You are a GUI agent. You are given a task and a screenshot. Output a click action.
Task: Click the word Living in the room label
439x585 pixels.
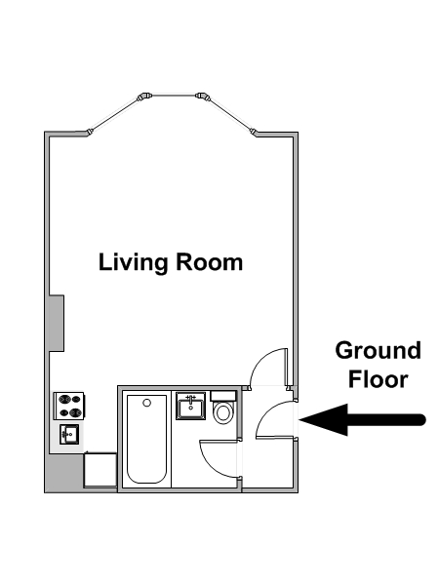[x=133, y=263]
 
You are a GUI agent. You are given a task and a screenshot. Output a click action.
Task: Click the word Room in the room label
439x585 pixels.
[x=209, y=262]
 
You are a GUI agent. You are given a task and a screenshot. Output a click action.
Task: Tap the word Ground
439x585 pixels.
[x=379, y=350]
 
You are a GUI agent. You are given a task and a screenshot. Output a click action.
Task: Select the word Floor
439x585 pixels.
[x=378, y=379]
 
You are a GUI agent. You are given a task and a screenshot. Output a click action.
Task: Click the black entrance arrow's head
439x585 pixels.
[x=323, y=419]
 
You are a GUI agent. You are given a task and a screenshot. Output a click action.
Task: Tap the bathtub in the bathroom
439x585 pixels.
[x=146, y=439]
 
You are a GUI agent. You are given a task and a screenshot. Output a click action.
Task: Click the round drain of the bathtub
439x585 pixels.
[x=147, y=403]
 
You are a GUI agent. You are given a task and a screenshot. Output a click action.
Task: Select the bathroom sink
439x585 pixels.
[x=191, y=407]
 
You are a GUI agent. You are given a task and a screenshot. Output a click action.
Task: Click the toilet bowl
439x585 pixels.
[x=223, y=412]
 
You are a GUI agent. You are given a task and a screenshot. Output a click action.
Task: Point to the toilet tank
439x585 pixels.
[x=222, y=396]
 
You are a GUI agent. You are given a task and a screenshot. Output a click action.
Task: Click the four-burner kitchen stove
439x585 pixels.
[x=69, y=406]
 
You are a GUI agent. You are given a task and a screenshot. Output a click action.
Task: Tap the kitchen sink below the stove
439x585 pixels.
[x=69, y=434]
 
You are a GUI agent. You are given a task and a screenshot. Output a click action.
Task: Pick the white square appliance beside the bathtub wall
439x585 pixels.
[x=100, y=470]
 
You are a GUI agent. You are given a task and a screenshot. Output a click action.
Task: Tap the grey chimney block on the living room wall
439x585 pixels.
[x=57, y=323]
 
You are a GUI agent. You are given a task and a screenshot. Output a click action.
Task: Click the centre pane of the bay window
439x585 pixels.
[x=174, y=96]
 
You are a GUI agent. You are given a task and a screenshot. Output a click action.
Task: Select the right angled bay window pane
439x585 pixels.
[x=230, y=114]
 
